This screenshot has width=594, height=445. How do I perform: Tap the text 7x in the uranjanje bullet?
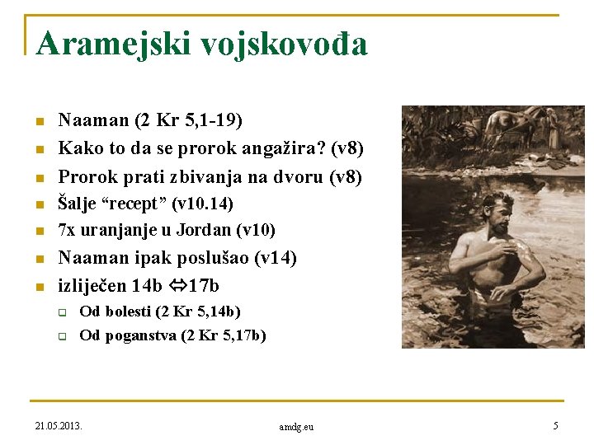[67, 229]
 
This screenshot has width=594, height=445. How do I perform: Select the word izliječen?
[92, 286]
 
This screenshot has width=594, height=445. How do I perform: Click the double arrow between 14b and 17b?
[175, 286]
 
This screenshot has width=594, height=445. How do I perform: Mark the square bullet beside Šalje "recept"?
[38, 204]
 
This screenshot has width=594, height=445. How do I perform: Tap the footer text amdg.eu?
[296, 427]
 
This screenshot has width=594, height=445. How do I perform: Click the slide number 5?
[556, 426]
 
